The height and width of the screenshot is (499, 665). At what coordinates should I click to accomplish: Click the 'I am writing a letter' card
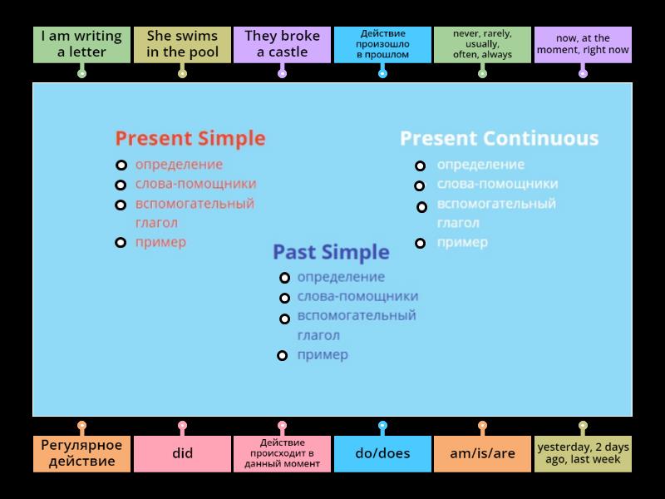(x=81, y=45)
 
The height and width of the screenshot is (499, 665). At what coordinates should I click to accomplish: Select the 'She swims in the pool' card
(x=182, y=45)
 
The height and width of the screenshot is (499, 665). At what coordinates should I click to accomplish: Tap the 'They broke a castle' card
(x=282, y=45)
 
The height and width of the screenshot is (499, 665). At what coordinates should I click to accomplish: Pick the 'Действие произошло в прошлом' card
(x=382, y=45)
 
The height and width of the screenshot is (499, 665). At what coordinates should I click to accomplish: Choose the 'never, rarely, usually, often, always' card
(x=482, y=45)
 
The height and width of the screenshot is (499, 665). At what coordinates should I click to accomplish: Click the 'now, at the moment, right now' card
(x=583, y=45)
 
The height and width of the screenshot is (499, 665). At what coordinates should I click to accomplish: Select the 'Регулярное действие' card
(x=81, y=454)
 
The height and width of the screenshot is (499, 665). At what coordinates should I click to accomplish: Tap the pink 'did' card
(x=182, y=454)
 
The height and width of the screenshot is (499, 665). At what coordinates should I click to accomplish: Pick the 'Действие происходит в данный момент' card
(x=282, y=454)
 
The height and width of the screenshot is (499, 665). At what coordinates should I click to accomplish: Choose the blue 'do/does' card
(x=382, y=454)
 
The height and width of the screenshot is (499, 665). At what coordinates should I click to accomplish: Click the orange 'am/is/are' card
(x=482, y=454)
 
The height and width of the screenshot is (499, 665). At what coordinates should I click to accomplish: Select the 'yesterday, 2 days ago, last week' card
(x=583, y=454)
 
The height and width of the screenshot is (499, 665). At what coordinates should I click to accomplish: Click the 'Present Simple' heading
(x=190, y=138)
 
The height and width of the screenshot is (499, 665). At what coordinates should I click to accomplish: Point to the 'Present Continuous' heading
(x=499, y=138)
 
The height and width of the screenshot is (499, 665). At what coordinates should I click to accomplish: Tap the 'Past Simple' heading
(x=331, y=252)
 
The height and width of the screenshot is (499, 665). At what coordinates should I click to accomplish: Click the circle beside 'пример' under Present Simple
(x=121, y=243)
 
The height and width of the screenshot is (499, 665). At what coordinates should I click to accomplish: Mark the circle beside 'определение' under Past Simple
(x=284, y=278)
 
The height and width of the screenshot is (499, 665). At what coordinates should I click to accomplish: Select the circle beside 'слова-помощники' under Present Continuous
(x=420, y=185)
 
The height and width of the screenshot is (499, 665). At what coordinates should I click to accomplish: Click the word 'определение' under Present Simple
(x=179, y=165)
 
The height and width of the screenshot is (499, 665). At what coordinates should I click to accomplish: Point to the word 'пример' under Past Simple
(x=323, y=355)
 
